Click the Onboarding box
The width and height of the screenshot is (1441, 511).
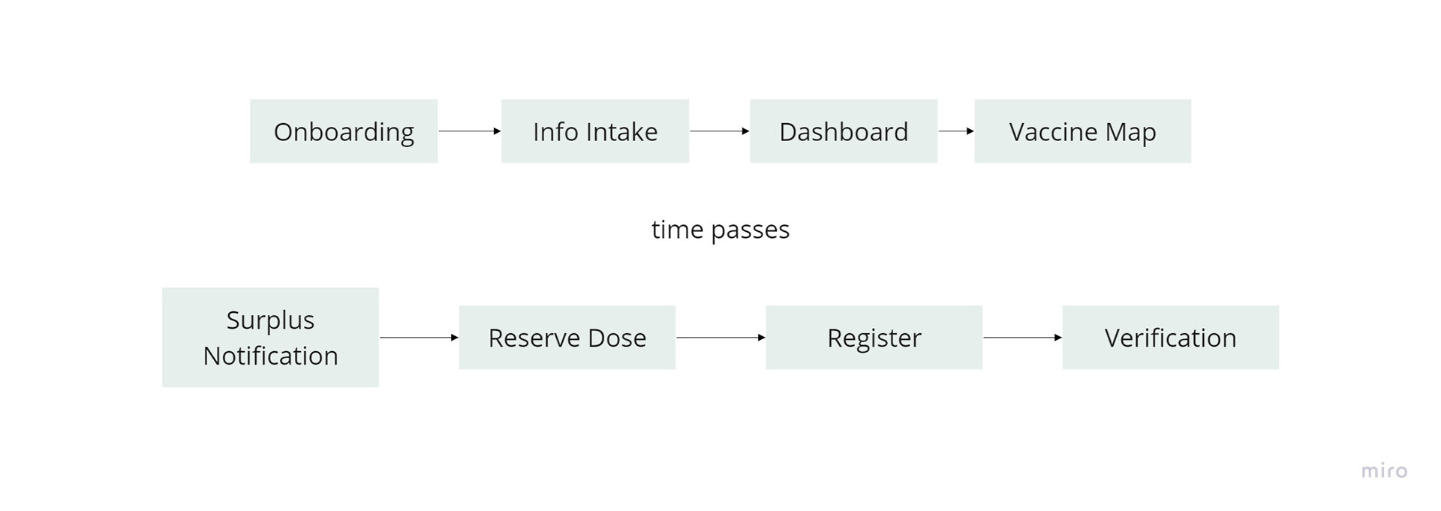pyautogui.click(x=344, y=131)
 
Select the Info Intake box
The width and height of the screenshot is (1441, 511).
pyautogui.click(x=595, y=131)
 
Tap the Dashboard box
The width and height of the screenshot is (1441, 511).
pyautogui.click(x=844, y=131)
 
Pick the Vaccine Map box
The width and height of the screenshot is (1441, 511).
pyautogui.click(x=1082, y=131)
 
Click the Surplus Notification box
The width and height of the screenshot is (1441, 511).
pyautogui.click(x=270, y=338)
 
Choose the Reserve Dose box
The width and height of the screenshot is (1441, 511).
pyautogui.click(x=567, y=338)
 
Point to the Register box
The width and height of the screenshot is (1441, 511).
pyautogui.click(x=874, y=338)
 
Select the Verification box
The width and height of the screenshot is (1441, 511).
pyautogui.click(x=1170, y=338)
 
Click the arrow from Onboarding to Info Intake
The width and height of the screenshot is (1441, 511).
pyautogui.click(x=470, y=131)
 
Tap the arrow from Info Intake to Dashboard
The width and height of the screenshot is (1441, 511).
pyautogui.click(x=720, y=131)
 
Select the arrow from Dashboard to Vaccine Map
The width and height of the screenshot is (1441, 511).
pyautogui.click(x=956, y=131)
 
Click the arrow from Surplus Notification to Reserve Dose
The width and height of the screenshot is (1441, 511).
pyautogui.click(x=419, y=338)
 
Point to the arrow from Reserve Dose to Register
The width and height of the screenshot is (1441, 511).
pyautogui.click(x=720, y=338)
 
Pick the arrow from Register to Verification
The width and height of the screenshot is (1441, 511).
pyautogui.click(x=1022, y=338)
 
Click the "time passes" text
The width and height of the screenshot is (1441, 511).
pyautogui.click(x=720, y=230)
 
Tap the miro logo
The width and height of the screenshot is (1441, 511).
pyautogui.click(x=1384, y=471)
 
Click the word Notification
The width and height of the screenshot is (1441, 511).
pyautogui.click(x=270, y=356)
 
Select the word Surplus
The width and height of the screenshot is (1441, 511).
pyautogui.click(x=270, y=320)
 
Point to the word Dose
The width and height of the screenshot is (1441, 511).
pyautogui.click(x=617, y=338)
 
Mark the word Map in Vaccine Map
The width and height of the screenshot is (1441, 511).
pyautogui.click(x=1130, y=132)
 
